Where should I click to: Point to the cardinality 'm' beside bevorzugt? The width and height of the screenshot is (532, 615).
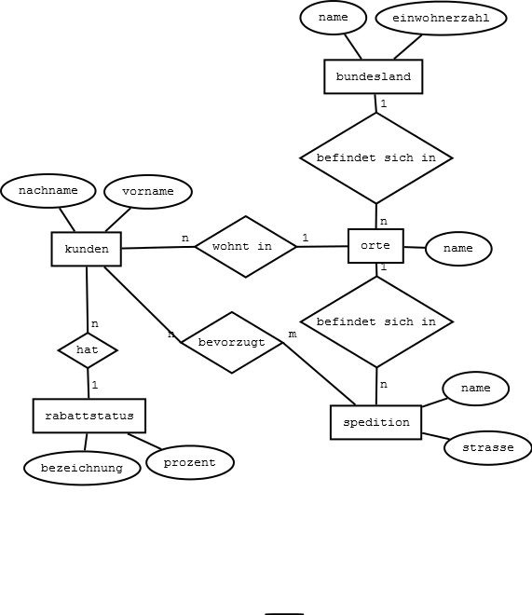[x=293, y=335]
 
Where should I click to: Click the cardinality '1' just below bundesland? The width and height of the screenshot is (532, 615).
[x=384, y=103]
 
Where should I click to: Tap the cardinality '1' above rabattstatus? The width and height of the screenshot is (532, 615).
[x=94, y=385]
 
